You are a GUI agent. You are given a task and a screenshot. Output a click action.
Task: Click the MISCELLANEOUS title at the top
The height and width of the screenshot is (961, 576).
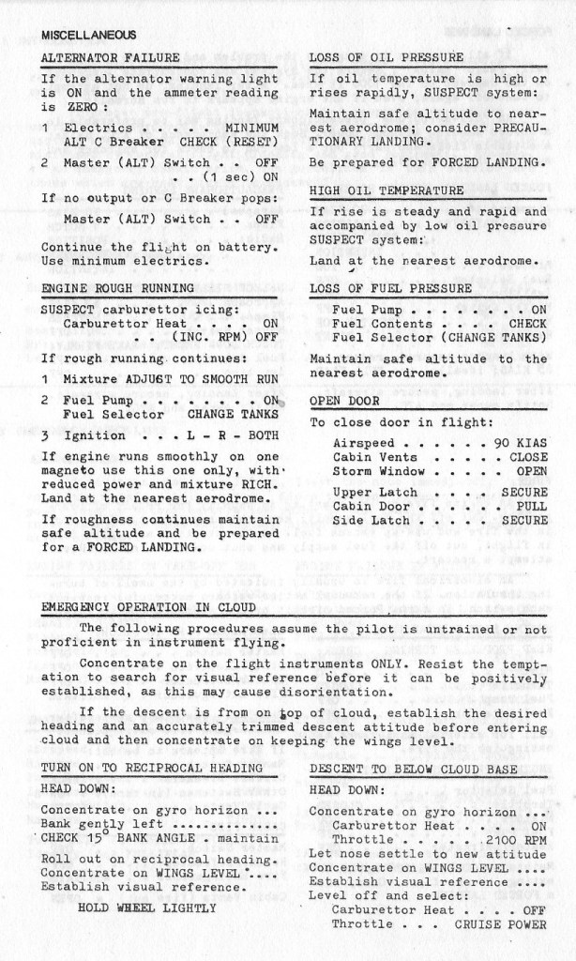88,35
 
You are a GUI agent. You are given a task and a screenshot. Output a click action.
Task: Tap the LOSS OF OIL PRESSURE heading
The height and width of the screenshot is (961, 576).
387,57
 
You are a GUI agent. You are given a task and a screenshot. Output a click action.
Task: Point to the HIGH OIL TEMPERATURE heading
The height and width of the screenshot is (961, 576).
387,191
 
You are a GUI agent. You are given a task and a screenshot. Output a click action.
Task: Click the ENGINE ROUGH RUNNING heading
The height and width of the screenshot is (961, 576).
118,287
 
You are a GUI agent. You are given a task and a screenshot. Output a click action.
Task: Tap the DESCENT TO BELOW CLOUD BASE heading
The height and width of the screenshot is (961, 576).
413,769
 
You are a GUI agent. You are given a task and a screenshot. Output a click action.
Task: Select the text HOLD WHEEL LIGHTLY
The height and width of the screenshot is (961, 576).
147,908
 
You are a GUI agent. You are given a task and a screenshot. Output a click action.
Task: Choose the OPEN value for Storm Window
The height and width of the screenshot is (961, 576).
532,471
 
